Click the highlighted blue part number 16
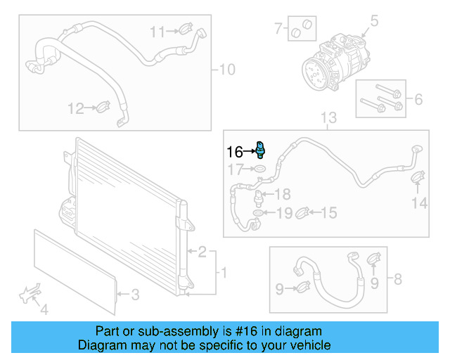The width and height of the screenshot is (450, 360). coord(261,149)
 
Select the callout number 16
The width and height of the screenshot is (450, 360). coord(234,151)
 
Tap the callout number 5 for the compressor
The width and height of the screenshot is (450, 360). coord(374,20)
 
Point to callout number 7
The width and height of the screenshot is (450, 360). coord(278,29)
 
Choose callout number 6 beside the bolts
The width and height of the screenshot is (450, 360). coord(418,99)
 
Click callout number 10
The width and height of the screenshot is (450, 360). coord(227,70)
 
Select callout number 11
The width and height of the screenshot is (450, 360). coord(156,31)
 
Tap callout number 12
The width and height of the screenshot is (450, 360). coord(75,108)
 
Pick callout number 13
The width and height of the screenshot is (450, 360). coord(329,117)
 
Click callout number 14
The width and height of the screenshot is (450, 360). coord(419,203)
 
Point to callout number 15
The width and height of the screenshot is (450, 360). coord(328,212)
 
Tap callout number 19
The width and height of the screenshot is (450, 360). coord(283,212)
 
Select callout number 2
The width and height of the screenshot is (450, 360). coord(202,251)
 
